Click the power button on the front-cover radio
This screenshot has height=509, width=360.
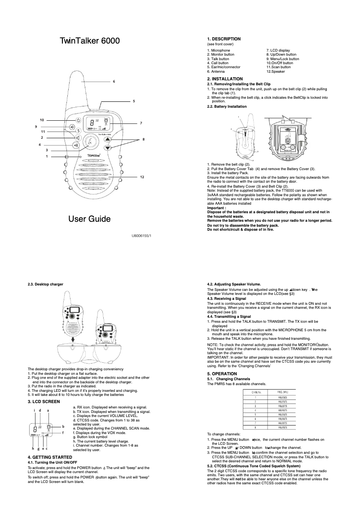78,120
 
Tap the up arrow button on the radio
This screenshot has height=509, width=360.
107,139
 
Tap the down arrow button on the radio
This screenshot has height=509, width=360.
107,148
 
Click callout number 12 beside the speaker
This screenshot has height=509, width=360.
142,178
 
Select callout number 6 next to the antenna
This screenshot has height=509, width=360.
114,81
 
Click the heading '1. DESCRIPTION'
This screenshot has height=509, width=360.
224,39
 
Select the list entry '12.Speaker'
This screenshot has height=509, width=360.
276,72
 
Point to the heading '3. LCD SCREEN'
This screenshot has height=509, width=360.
44,401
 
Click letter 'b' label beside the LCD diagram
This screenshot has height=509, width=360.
63,426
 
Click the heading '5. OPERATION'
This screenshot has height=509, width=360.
222,374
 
